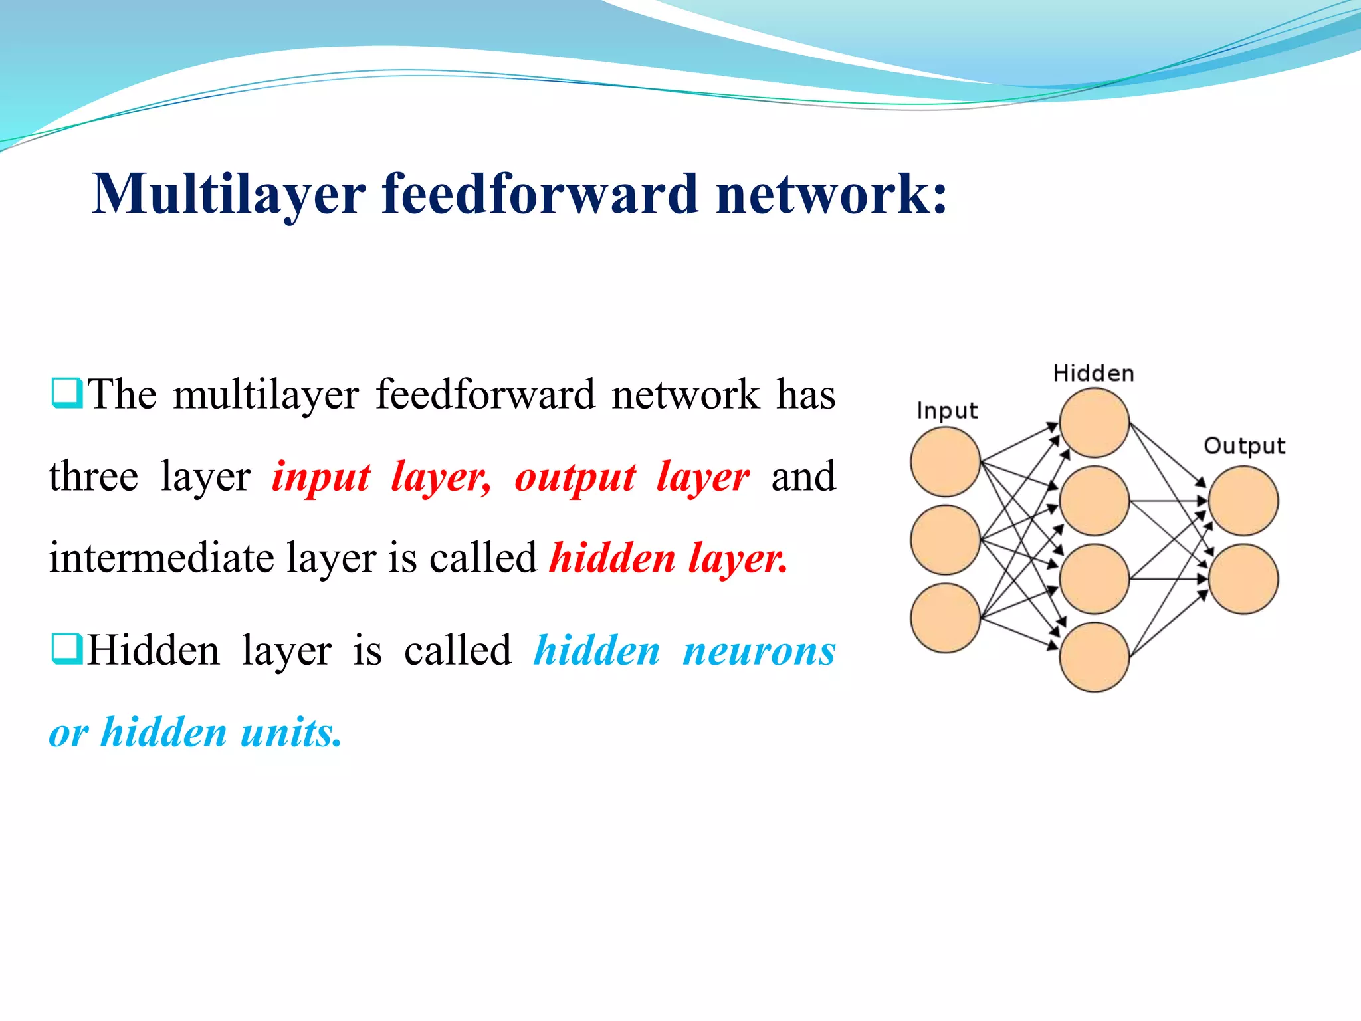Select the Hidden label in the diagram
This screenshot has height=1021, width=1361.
pyautogui.click(x=1093, y=374)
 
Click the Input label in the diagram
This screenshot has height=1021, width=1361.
pyautogui.click(x=946, y=411)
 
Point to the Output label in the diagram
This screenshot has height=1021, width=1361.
pyautogui.click(x=1244, y=446)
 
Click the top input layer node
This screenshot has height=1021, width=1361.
pyautogui.click(x=945, y=462)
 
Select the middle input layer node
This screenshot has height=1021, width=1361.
pyautogui.click(x=945, y=540)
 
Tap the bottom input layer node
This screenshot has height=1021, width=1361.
pyautogui.click(x=945, y=618)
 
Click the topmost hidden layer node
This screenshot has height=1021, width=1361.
pyautogui.click(x=1094, y=423)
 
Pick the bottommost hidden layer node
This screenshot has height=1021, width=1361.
pyautogui.click(x=1094, y=657)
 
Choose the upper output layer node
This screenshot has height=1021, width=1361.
pyautogui.click(x=1243, y=501)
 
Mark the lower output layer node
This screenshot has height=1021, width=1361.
pyautogui.click(x=1243, y=579)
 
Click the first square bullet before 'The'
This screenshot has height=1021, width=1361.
pyautogui.click(x=66, y=393)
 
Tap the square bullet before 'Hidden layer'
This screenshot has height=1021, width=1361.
pyautogui.click(x=66, y=649)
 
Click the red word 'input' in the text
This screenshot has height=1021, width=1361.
pyautogui.click(x=321, y=477)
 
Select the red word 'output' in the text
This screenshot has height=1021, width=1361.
pyautogui.click(x=576, y=477)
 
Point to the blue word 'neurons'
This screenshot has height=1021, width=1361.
pyautogui.click(x=759, y=651)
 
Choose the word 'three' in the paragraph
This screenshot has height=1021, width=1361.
pyautogui.click(x=94, y=476)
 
